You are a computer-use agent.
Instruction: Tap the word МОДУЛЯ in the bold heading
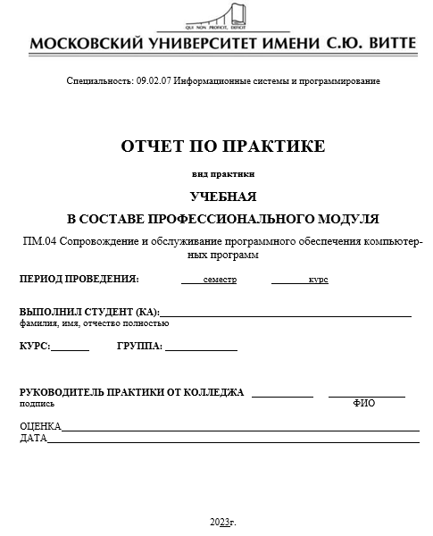click(x=348, y=218)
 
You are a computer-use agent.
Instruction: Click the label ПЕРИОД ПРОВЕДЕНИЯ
click(x=79, y=280)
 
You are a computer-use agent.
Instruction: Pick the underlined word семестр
click(x=220, y=280)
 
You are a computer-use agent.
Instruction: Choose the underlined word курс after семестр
click(x=318, y=280)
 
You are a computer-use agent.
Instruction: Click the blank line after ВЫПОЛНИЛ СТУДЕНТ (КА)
click(x=286, y=312)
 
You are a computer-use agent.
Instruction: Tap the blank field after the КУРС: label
click(x=71, y=347)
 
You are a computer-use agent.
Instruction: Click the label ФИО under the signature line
click(x=364, y=404)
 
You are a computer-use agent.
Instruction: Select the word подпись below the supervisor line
click(x=36, y=404)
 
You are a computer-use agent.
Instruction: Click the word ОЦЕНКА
click(x=40, y=426)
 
